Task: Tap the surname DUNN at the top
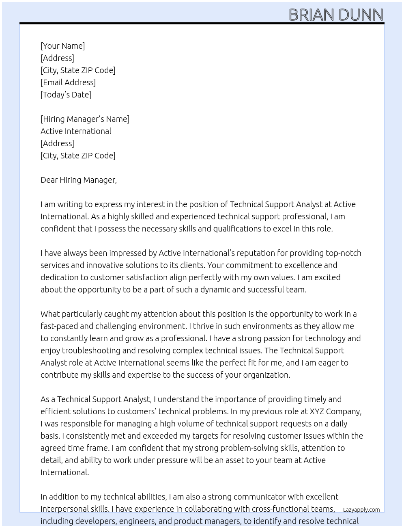tap(360, 15)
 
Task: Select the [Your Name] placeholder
tap(62, 46)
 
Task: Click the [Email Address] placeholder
tap(68, 82)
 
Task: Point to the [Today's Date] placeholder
tap(66, 95)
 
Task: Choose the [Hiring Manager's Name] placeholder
tap(85, 119)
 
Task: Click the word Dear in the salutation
tap(49, 180)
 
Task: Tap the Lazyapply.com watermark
tap(361, 510)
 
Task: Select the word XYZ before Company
tap(317, 411)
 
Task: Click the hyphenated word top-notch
tap(343, 253)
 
